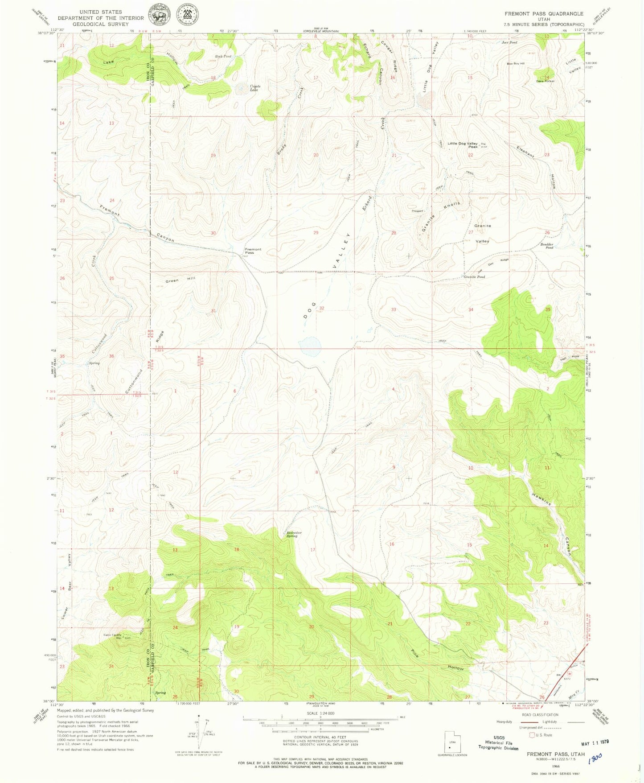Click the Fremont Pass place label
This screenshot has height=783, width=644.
(x=253, y=251)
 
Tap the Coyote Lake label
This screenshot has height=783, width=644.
(x=254, y=88)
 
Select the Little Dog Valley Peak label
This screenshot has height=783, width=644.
(x=463, y=145)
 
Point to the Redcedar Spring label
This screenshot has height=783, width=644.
(x=292, y=534)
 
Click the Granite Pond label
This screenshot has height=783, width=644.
(x=474, y=277)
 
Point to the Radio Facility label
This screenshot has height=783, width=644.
(x=113, y=635)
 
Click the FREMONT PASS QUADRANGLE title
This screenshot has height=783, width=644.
(x=544, y=14)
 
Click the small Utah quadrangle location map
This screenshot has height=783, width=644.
(x=453, y=741)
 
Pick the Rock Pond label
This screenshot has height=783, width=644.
(x=223, y=57)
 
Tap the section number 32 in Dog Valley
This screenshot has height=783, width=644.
(x=321, y=309)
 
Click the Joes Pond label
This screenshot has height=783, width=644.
(x=509, y=42)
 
